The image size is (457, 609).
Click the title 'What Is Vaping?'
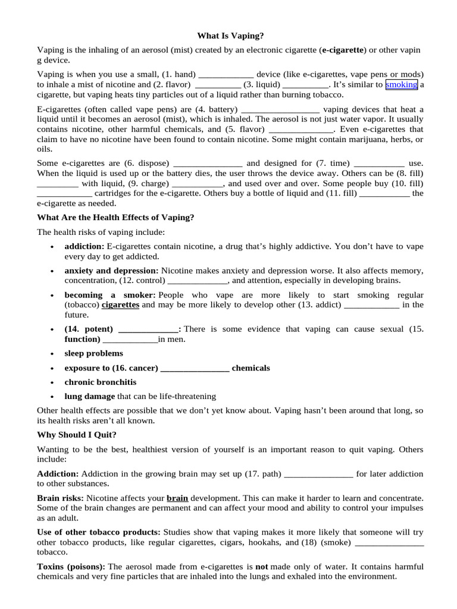(230, 36)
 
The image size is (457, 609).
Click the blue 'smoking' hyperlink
(401, 85)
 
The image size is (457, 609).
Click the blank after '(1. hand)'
(226, 76)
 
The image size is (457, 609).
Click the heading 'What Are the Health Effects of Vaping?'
(115, 218)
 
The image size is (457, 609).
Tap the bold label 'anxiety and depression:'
(112, 271)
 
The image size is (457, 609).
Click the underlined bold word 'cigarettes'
(120, 305)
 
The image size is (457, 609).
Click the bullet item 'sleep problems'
(94, 354)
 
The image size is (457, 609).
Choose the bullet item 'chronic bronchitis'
(101, 382)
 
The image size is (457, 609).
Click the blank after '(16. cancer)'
(195, 368)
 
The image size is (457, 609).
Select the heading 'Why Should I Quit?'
(77, 435)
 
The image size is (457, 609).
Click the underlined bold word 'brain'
(177, 498)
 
